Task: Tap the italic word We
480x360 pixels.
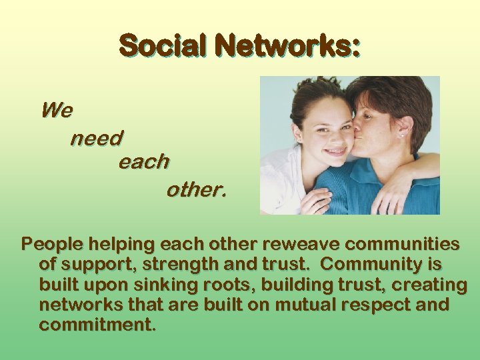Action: click(x=57, y=110)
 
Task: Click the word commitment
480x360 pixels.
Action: click(x=97, y=326)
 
